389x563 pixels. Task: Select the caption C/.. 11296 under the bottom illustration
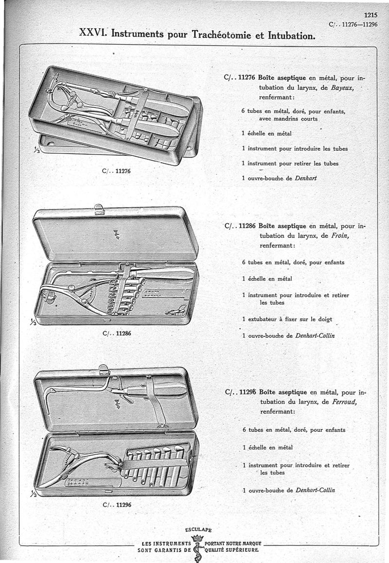tap(117, 505)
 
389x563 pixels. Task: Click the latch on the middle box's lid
tap(99, 209)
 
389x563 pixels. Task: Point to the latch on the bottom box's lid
tap(103, 369)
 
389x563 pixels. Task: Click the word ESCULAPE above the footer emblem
tap(198, 530)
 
